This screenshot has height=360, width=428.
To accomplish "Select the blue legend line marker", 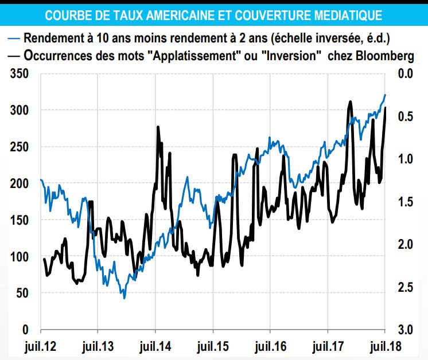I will pos(14,39).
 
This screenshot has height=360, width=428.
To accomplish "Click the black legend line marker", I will pos(14,56).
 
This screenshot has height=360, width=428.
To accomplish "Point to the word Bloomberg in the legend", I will pos(386,56).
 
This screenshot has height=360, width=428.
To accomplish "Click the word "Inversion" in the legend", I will pos(290,56).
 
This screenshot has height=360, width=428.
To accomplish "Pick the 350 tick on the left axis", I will pos(20,73).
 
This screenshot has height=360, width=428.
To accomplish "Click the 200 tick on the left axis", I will pos(20,183).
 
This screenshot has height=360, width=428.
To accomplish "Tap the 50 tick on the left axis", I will pos(22,294).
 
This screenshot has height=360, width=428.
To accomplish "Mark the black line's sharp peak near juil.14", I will pos(158,127).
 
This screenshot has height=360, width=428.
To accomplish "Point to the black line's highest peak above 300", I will pos(350,101).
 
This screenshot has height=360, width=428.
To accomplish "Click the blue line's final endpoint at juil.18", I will pos(385,95).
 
